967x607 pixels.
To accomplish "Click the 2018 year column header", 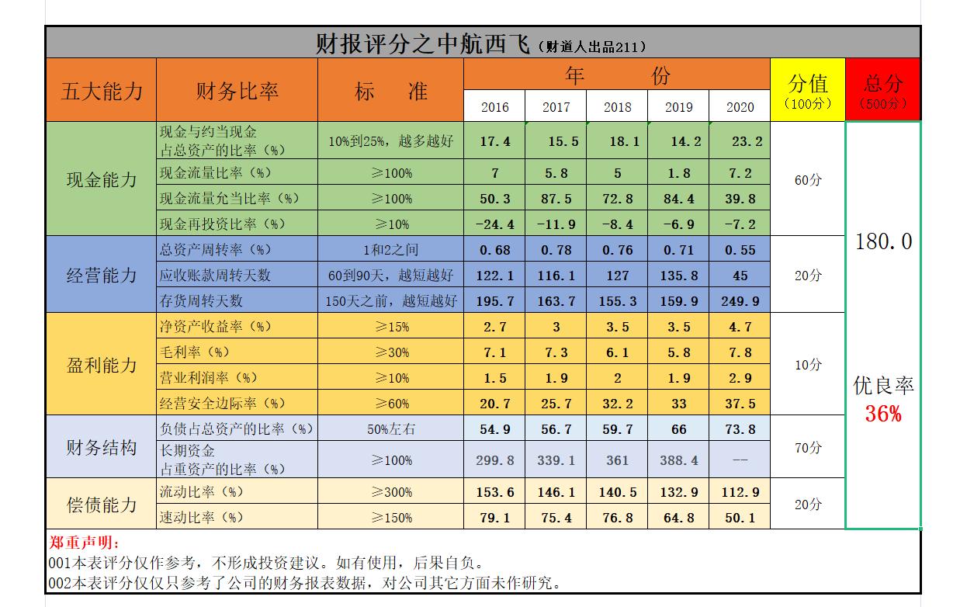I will pyautogui.click(x=617, y=107).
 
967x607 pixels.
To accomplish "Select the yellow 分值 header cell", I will pyautogui.click(x=808, y=89).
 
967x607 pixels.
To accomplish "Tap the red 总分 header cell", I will pyautogui.click(x=883, y=89).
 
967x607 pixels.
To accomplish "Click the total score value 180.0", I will pyautogui.click(x=883, y=241).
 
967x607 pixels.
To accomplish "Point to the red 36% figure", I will pyautogui.click(x=883, y=414).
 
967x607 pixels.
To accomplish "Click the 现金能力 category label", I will pyautogui.click(x=101, y=179).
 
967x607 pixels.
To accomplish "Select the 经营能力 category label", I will pyautogui.click(x=101, y=275).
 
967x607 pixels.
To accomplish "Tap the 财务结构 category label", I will pyautogui.click(x=101, y=448).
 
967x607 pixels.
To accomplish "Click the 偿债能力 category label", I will pyautogui.click(x=101, y=505).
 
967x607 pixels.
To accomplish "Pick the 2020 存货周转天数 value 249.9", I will pyautogui.click(x=740, y=300).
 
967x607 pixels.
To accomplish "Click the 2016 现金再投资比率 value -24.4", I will pyautogui.click(x=494, y=224).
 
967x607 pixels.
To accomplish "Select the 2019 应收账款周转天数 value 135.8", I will pyautogui.click(x=678, y=275).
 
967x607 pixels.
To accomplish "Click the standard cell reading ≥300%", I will pyautogui.click(x=391, y=492).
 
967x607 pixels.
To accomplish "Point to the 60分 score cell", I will pyautogui.click(x=808, y=180).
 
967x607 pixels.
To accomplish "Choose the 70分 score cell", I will pyautogui.click(x=808, y=448).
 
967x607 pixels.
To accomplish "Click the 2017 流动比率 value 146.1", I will pyautogui.click(x=556, y=492).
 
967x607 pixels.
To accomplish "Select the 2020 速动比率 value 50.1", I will pyautogui.click(x=740, y=518).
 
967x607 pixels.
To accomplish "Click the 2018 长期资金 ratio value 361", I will pyautogui.click(x=617, y=460).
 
